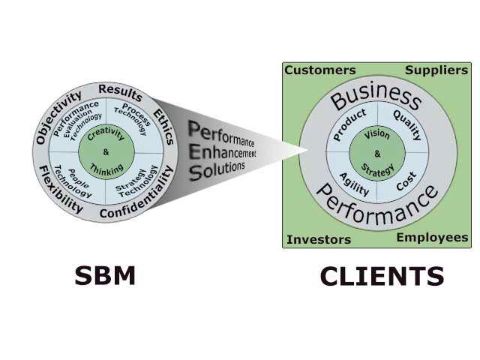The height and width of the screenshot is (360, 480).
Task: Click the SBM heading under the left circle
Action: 105,276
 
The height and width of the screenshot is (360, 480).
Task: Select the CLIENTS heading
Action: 382,277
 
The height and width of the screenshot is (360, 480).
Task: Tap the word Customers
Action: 320,70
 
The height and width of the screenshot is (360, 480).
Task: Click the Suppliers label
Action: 436,70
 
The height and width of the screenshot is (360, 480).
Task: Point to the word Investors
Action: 319,240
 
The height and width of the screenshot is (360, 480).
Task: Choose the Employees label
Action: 432,238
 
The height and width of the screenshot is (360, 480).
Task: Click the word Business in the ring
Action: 376,97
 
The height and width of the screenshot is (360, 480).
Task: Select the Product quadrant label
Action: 349,124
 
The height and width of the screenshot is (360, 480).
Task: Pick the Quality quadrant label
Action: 407,126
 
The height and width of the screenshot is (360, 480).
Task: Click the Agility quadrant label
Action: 354,183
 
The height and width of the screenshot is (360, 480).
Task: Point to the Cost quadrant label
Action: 405,180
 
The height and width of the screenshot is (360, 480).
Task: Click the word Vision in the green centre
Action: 377,136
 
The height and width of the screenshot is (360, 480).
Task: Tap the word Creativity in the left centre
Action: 105,136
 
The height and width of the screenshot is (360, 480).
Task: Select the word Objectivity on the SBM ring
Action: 58,116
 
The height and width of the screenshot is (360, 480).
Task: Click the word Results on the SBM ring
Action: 120,93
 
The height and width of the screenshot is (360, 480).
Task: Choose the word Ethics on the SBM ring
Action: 163,125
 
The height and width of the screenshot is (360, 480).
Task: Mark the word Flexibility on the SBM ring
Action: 61,190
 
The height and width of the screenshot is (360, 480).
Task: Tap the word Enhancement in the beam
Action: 223,151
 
